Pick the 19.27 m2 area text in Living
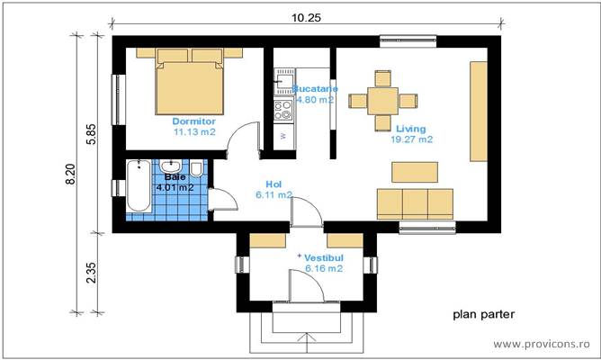[x=411, y=139]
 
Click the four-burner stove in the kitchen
[x=283, y=111]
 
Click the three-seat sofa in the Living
[x=415, y=203]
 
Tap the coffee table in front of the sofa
[x=415, y=170]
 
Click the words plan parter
[x=482, y=315]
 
